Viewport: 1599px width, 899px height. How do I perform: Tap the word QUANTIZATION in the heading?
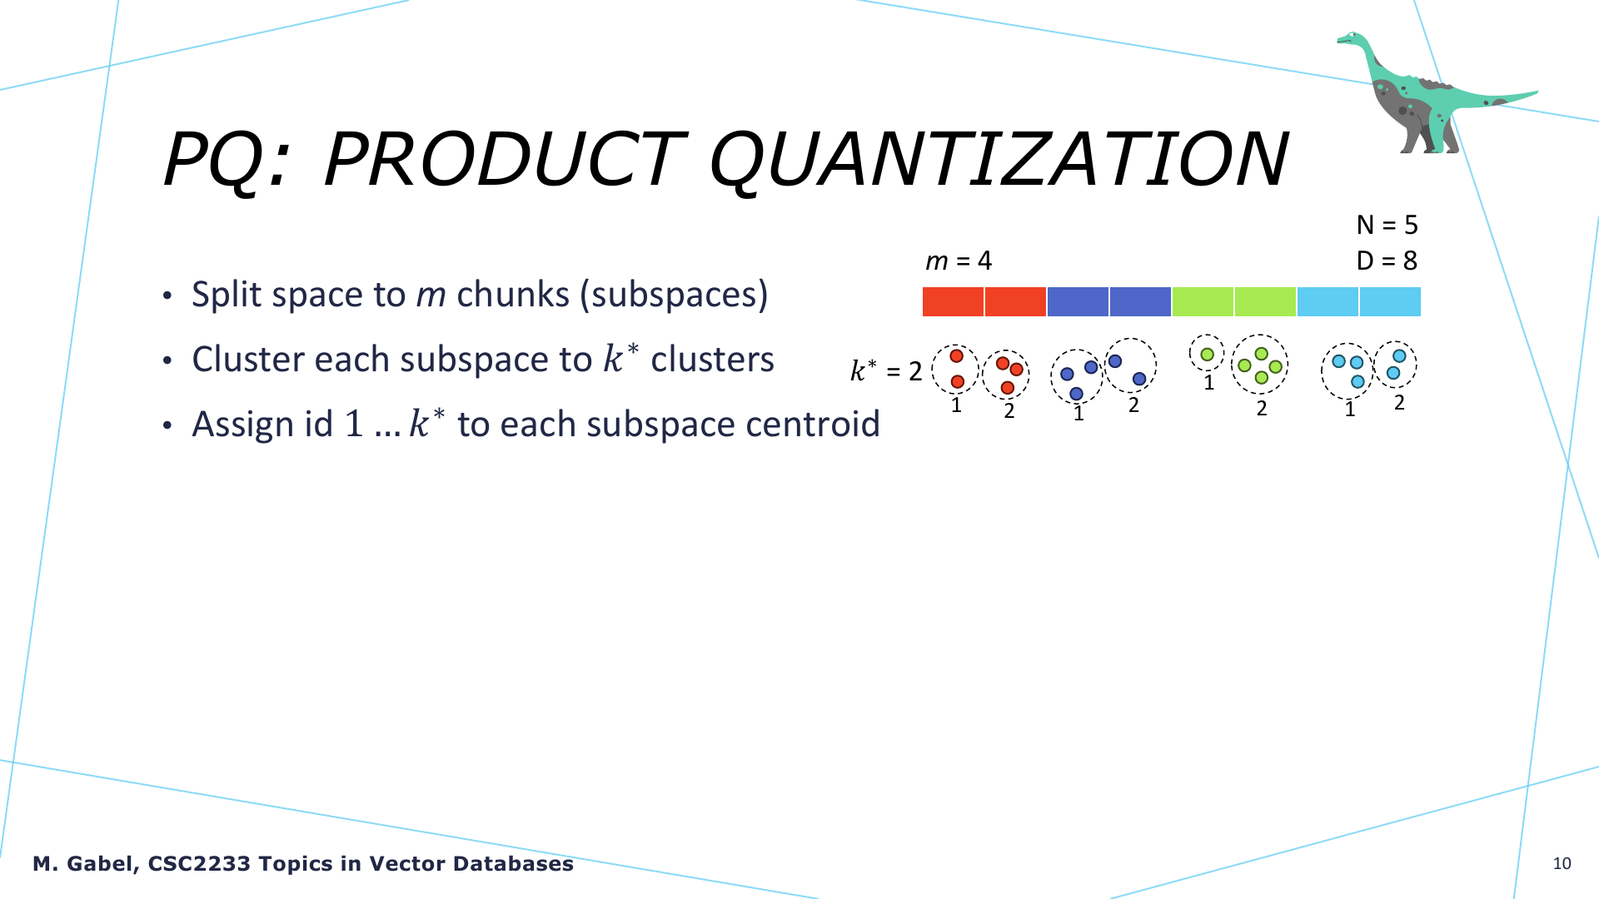point(998,160)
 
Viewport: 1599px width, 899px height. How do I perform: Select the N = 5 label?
point(1387,225)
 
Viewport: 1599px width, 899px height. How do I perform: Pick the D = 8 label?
point(1387,261)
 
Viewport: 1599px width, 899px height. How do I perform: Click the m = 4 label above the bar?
point(959,261)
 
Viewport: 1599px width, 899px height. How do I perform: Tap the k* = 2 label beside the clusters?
point(886,370)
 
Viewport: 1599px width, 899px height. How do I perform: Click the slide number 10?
point(1562,863)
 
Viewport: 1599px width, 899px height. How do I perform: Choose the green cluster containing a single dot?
point(1207,353)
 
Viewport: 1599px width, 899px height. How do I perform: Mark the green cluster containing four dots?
point(1260,365)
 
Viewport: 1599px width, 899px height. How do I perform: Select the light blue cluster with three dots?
point(1347,370)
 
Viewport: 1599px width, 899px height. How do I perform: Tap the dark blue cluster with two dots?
point(1129,365)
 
